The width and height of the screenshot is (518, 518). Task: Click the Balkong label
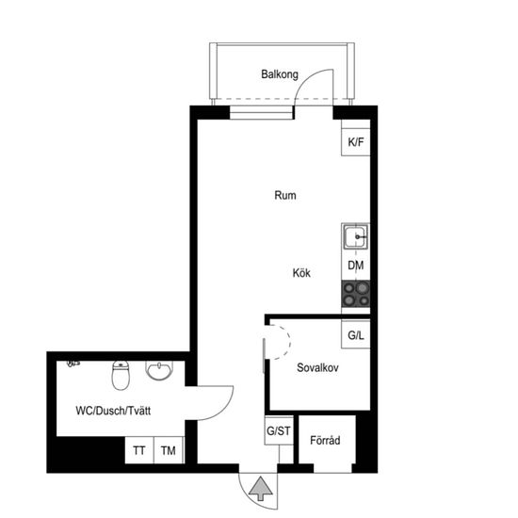pyautogui.click(x=280, y=74)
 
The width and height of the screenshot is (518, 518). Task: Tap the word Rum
pyautogui.click(x=285, y=195)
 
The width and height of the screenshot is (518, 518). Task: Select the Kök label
pyautogui.click(x=301, y=273)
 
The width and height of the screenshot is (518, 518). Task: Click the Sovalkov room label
pyautogui.click(x=317, y=367)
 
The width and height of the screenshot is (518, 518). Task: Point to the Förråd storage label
pyautogui.click(x=325, y=440)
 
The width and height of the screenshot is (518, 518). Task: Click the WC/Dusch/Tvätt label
pyautogui.click(x=113, y=411)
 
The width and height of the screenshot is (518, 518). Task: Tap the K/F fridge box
pyautogui.click(x=355, y=142)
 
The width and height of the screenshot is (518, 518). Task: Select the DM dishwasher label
pyautogui.click(x=356, y=266)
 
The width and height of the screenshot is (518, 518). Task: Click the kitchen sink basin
pyautogui.click(x=355, y=236)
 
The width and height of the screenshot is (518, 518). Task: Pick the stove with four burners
pyautogui.click(x=355, y=294)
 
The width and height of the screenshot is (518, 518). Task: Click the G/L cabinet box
pyautogui.click(x=355, y=334)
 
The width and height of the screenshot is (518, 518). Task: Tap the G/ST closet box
pyautogui.click(x=279, y=430)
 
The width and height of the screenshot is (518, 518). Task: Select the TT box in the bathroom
pyautogui.click(x=139, y=450)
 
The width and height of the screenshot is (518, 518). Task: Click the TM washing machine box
pyautogui.click(x=169, y=450)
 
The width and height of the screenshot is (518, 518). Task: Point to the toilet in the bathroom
pyautogui.click(x=121, y=375)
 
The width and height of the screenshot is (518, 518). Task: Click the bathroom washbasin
pyautogui.click(x=159, y=371)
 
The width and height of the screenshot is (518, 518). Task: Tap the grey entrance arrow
pyautogui.click(x=261, y=488)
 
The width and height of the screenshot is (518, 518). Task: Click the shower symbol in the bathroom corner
pyautogui.click(x=73, y=364)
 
